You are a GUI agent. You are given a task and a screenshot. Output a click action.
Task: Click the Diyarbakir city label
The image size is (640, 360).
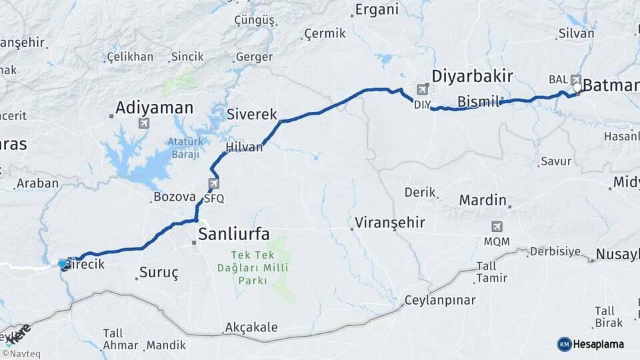click(472, 76)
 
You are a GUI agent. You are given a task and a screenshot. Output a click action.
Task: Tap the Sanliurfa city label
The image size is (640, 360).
click(234, 234)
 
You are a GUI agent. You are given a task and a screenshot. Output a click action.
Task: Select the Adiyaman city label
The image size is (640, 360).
click(154, 107)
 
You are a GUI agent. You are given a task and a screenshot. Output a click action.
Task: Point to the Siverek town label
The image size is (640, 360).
click(252, 114)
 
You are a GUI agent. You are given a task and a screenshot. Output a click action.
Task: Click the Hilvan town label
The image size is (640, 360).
click(244, 147)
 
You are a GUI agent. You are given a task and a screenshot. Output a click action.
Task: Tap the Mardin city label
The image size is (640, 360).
click(483, 200)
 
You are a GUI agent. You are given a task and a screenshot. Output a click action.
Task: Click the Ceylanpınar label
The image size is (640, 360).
click(440, 300)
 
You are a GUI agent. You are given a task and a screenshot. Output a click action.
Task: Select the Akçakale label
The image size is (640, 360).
click(251, 327)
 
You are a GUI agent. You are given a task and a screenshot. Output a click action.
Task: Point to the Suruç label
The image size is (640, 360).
click(159, 272)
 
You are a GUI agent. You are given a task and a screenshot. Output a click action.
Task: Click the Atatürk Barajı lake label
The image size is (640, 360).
click(183, 148)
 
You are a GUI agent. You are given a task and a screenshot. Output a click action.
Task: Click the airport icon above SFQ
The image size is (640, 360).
click(214, 183)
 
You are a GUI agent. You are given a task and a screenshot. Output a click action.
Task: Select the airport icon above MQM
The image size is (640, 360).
click(497, 227)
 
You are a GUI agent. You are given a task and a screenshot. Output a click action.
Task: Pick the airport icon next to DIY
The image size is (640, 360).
click(423, 89)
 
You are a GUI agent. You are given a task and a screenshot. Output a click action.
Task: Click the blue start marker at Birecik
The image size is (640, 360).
click(63, 265)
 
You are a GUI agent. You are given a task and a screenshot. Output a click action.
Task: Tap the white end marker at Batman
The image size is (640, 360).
click(577, 87)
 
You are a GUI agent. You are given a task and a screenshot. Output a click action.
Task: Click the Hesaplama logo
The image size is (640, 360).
click(591, 344)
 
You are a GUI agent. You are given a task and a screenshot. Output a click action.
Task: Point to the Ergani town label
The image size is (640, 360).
click(377, 9)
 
